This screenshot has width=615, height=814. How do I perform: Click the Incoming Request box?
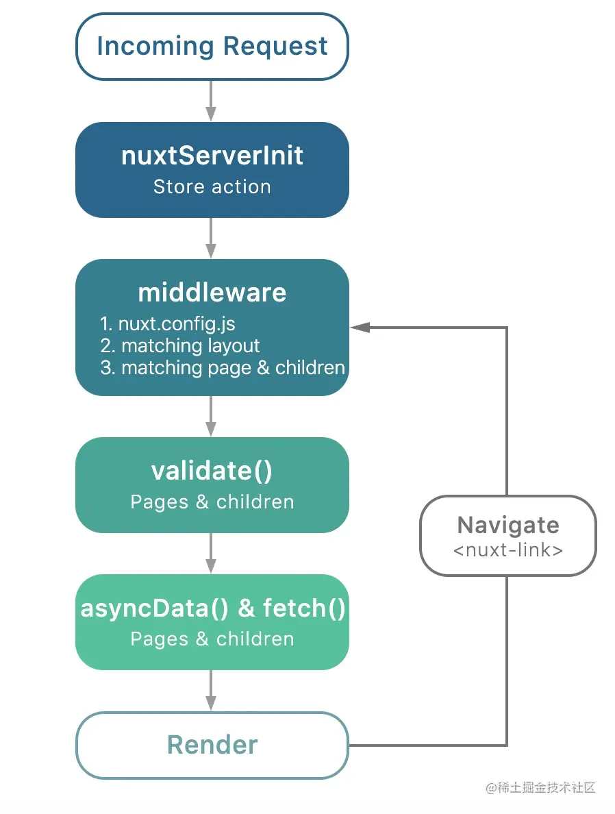pyautogui.click(x=212, y=47)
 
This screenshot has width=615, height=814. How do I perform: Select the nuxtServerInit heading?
pyautogui.click(x=212, y=156)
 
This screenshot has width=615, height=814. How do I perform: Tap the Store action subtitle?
pyautogui.click(x=212, y=186)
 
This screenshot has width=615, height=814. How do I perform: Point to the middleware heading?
pyautogui.click(x=212, y=293)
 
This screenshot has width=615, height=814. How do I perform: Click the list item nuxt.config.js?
pyautogui.click(x=168, y=324)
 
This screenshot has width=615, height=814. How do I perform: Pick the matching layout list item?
pyautogui.click(x=179, y=346)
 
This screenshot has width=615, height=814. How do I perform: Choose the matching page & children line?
pyautogui.click(x=223, y=367)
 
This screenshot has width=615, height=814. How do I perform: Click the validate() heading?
pyautogui.click(x=212, y=471)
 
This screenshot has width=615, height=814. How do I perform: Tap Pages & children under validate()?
pyautogui.click(x=212, y=502)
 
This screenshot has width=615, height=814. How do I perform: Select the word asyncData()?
pyautogui.click(x=154, y=608)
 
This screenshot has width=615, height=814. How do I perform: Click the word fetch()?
pyautogui.click(x=304, y=608)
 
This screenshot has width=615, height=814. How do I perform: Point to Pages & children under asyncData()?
pyautogui.click(x=212, y=639)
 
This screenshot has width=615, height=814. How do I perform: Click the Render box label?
pyautogui.click(x=212, y=745)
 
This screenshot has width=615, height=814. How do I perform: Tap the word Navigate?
pyautogui.click(x=508, y=526)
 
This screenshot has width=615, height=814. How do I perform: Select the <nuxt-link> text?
pyautogui.click(x=508, y=550)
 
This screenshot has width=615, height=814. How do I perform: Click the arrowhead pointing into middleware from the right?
pyautogui.click(x=360, y=328)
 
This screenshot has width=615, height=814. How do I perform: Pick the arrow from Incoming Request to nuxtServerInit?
pyautogui.click(x=211, y=101)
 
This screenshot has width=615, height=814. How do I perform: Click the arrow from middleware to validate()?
pyautogui.click(x=211, y=417)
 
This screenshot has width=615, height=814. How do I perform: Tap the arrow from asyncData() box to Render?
pyautogui.click(x=211, y=691)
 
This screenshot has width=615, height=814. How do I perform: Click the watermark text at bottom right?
pyautogui.click(x=540, y=788)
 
